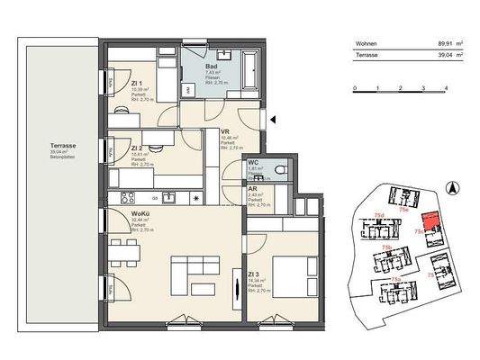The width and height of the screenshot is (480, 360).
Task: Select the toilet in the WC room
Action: (282, 169)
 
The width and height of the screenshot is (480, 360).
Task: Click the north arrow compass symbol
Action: (453, 187)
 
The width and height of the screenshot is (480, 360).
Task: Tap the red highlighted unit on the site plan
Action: (433, 222)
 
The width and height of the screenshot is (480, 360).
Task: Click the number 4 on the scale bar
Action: (447, 89)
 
